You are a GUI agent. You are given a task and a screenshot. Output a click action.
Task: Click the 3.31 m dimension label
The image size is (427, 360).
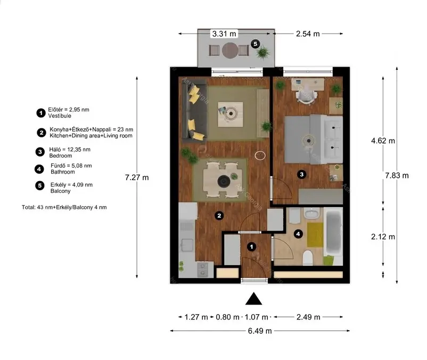coord(224,34)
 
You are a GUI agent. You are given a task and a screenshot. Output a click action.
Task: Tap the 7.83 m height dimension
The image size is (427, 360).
coord(397,176)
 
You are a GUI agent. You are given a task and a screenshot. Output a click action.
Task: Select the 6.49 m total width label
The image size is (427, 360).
coord(260,331)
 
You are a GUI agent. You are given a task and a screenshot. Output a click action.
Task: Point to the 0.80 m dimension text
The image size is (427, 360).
coord(228,317)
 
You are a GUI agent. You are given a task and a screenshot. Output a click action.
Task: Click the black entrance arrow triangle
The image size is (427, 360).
coord(253,299)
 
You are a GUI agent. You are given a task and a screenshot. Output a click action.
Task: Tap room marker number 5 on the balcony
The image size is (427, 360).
coord(255,44)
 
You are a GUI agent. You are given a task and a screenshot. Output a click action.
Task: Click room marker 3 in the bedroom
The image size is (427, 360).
coord(301,174)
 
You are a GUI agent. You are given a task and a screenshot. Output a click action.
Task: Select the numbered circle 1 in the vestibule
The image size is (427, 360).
coord(251,247)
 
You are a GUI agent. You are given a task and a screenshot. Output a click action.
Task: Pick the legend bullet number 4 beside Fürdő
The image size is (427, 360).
coord(39,169)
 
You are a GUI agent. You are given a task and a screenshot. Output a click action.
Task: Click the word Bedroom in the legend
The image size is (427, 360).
coord(61,156)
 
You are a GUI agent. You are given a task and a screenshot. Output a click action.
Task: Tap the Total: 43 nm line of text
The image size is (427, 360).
coord(64,207)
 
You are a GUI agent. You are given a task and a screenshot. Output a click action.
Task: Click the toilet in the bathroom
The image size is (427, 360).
coord(308,258)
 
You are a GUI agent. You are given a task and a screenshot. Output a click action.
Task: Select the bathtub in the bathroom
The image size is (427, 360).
coord(333,232)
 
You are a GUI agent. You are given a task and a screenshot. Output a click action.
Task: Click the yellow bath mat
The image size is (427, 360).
coord(315,235)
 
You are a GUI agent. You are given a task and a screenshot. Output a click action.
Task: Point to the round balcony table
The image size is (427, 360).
coord(230,51)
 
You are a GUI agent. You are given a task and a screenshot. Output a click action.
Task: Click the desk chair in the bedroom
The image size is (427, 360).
coord(307,94)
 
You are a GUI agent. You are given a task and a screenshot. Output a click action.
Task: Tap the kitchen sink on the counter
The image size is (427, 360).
coord(187,244)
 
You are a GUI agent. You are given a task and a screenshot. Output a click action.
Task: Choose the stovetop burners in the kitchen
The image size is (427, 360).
coord(203,269)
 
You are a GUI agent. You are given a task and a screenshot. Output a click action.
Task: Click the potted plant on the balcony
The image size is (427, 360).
coord(263,53)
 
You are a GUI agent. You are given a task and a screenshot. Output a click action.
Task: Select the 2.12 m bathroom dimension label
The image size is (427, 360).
coord(383,236)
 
